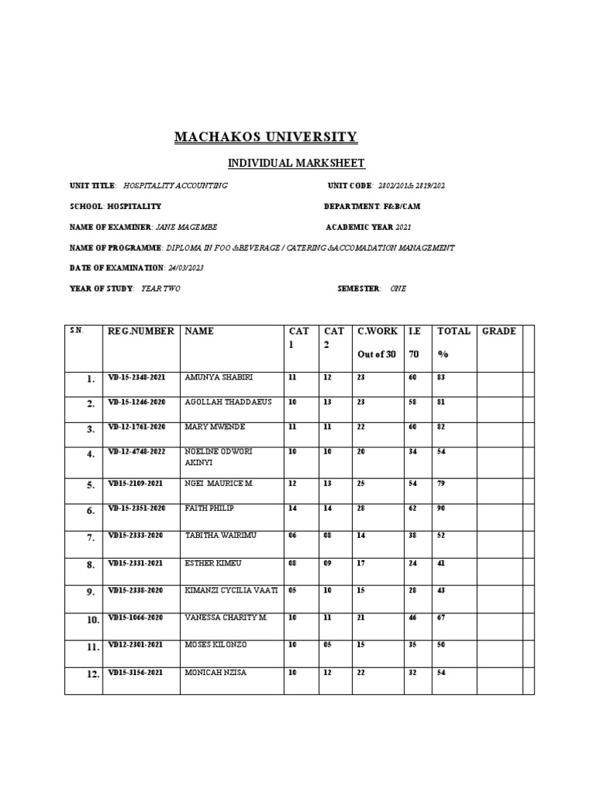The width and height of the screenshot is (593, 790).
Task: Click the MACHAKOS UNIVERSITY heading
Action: pyautogui.click(x=266, y=137)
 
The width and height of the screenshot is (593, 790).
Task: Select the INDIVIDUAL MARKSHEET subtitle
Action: pyautogui.click(x=284, y=163)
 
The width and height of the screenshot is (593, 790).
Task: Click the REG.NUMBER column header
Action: pyautogui.click(x=141, y=331)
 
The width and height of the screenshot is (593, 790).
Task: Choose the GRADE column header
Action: pyautogui.click(x=499, y=331)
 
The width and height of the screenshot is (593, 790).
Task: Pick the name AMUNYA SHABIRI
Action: pyautogui.click(x=219, y=377)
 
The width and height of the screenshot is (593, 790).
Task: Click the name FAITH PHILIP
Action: pyautogui.click(x=210, y=509)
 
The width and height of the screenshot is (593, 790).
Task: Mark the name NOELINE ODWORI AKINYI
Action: pyautogui.click(x=219, y=456)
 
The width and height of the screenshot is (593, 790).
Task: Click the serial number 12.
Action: pyautogui.click(x=91, y=674)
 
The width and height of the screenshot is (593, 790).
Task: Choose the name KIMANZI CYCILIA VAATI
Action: pyautogui.click(x=230, y=590)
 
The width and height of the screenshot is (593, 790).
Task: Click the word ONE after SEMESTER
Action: pyautogui.click(x=398, y=288)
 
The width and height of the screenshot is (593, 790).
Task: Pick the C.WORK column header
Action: pyautogui.click(x=378, y=331)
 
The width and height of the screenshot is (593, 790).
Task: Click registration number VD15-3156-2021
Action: pyautogui.click(x=136, y=672)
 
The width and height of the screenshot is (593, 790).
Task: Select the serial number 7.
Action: pyautogui.click(x=91, y=538)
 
